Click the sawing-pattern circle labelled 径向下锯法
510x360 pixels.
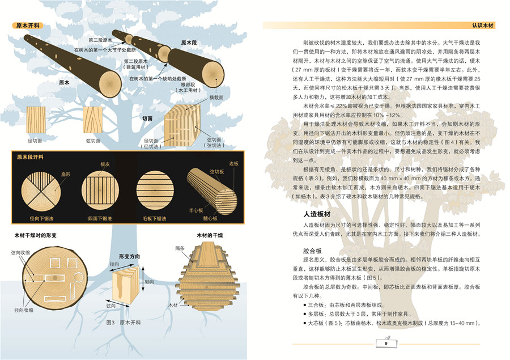point(41,190)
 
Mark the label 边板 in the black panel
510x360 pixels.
point(234,163)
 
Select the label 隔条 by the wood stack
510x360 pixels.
point(180,248)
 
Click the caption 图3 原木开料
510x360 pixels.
point(123,322)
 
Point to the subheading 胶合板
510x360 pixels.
point(313,249)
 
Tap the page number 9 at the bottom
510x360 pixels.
point(385,342)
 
